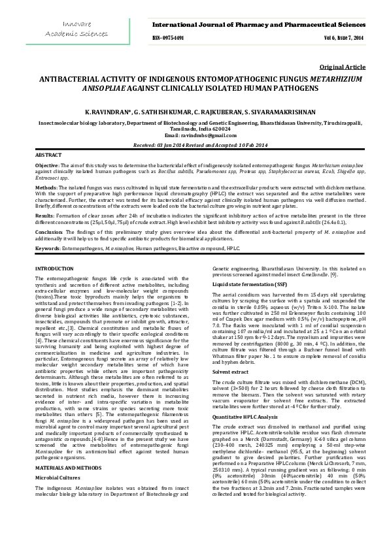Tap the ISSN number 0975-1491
[168, 39]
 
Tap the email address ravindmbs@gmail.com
[194, 135]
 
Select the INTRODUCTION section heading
[54, 268]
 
